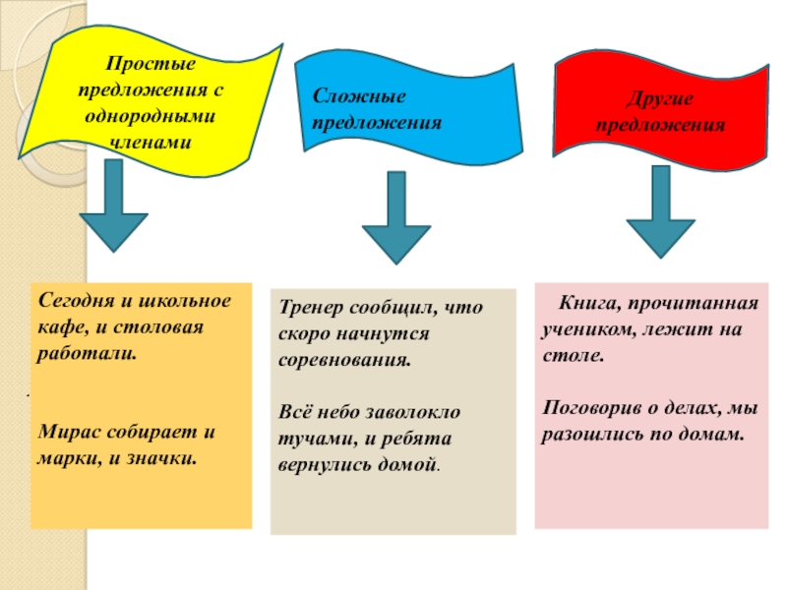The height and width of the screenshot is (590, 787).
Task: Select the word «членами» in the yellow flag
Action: pyautogui.click(x=151, y=142)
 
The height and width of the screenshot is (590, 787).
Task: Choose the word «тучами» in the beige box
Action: pyautogui.click(x=306, y=438)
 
